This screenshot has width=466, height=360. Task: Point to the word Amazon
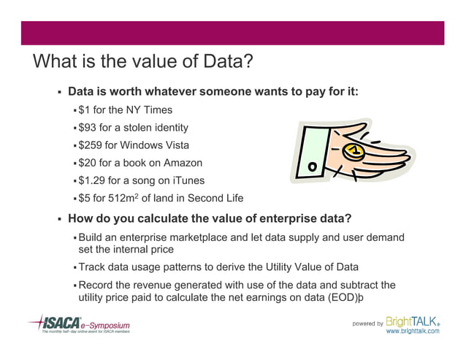(x=183, y=163)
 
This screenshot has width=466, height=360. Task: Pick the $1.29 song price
(x=94, y=180)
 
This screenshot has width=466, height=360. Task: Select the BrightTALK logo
(x=413, y=321)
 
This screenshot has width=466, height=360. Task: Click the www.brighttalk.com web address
(x=413, y=332)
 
